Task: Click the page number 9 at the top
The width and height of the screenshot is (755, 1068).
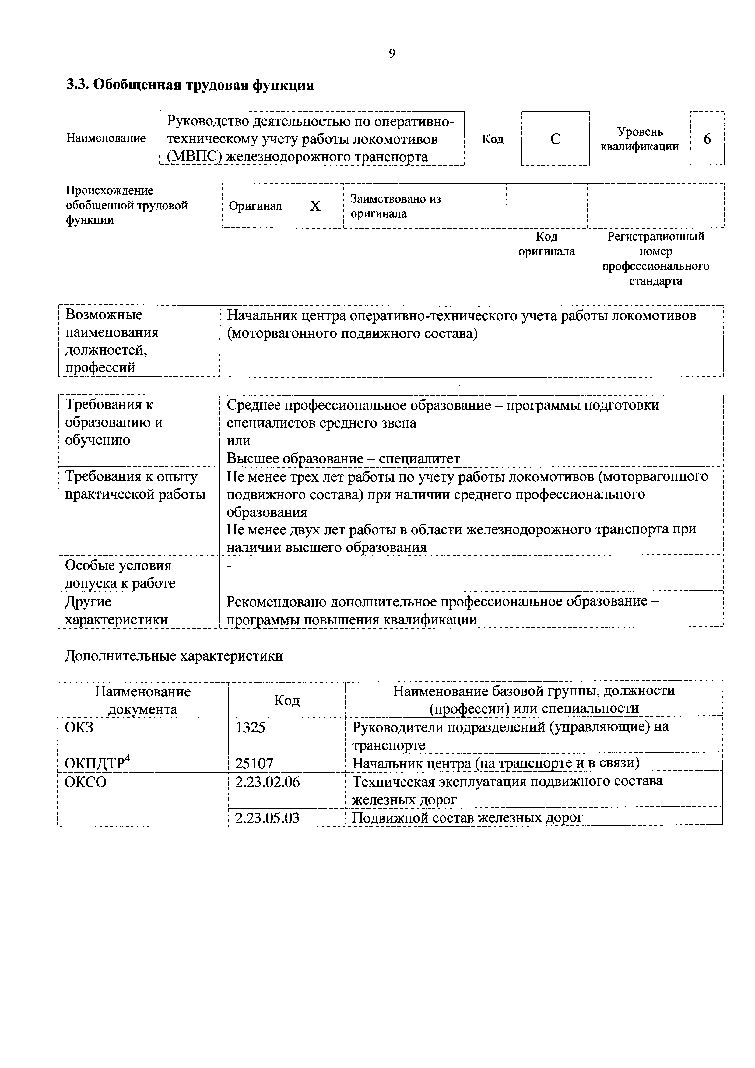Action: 392,54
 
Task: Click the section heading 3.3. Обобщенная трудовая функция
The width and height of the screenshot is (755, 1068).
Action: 190,85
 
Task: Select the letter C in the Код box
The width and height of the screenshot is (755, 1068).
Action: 555,139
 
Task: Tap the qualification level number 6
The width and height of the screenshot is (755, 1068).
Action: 707,139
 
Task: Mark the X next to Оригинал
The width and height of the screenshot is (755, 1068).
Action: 315,206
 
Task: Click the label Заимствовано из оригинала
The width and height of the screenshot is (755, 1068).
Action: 395,206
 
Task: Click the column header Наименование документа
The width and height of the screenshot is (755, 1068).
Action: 143,700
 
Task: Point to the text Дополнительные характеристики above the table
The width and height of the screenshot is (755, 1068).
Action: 174,656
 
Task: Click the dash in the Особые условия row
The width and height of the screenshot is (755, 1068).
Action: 229,566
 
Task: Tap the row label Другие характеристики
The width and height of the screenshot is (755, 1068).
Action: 116,610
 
